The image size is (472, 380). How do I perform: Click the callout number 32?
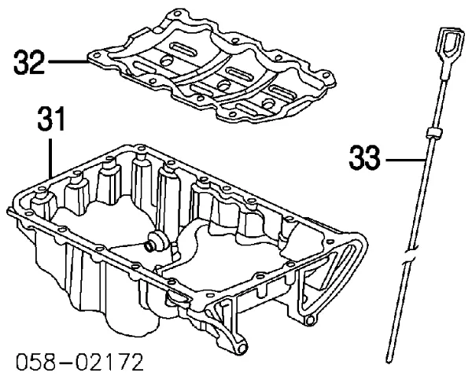(29, 63)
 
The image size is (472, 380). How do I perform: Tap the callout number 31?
(50, 119)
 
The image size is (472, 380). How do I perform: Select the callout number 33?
(364, 157)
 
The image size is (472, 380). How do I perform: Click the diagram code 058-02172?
(79, 362)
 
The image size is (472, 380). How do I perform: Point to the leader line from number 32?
(68, 62)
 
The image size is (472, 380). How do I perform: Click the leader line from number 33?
(405, 160)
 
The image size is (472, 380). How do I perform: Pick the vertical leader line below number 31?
(51, 158)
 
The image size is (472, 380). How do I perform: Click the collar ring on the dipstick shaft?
(434, 132)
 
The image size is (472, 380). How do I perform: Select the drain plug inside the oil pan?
(155, 241)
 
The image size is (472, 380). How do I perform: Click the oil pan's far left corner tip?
(8, 210)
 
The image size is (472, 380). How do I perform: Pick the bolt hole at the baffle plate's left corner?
(97, 55)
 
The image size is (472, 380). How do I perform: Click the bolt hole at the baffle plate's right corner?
(325, 75)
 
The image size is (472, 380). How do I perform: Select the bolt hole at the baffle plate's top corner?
(176, 13)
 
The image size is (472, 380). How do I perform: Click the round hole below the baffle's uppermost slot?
(166, 61)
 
